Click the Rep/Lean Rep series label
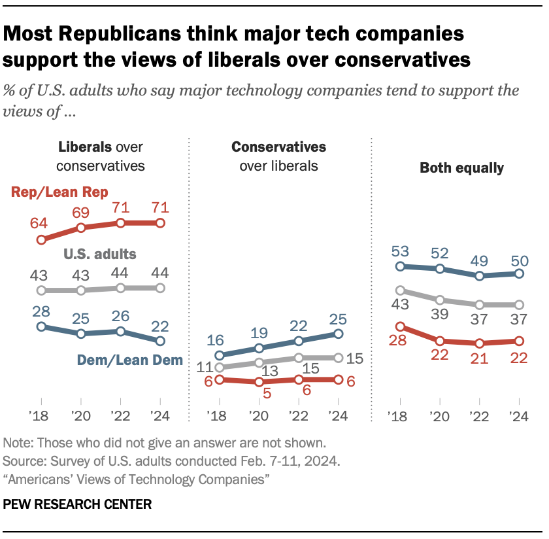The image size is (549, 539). click(x=59, y=191)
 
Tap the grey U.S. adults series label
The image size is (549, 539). click(x=99, y=254)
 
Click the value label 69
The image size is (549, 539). click(x=81, y=213)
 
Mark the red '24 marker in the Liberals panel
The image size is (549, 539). click(x=160, y=223)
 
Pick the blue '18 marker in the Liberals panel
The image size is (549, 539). click(x=41, y=326)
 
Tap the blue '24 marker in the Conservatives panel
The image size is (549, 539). click(x=339, y=334)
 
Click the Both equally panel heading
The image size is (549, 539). click(x=461, y=168)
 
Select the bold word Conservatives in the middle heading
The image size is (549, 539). click(x=279, y=147)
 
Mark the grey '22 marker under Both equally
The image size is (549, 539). click(x=480, y=305)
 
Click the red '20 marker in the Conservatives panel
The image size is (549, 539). click(x=259, y=382)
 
